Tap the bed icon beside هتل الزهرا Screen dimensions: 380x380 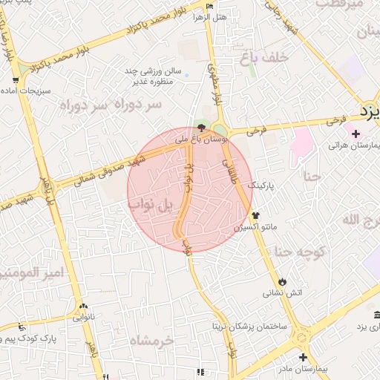(x=209, y=7)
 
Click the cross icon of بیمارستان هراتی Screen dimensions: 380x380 (x=357, y=134)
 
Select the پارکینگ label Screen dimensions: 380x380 (x=261, y=185)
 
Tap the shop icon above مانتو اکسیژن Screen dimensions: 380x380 (x=255, y=215)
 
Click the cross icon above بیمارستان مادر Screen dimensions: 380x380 (x=302, y=357)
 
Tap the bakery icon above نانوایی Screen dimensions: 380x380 (x=83, y=306)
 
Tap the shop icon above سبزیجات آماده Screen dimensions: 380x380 (x=16, y=79)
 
